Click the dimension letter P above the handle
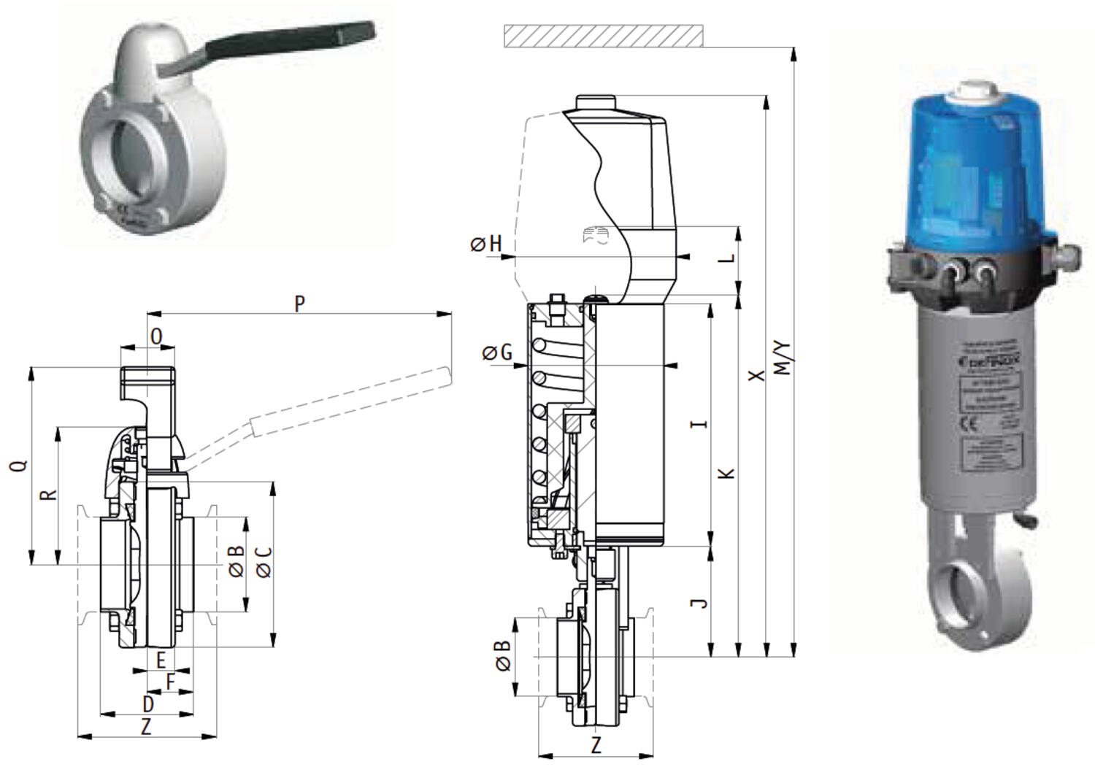[x=299, y=303]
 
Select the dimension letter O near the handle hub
[x=156, y=336]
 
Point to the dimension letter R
[x=48, y=494]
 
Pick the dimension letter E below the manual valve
[x=161, y=660]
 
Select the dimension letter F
[x=170, y=682]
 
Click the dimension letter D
[x=148, y=704]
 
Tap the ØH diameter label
[x=487, y=243]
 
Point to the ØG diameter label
[x=497, y=353]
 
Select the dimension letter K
[x=726, y=473]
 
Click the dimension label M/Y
[x=782, y=358]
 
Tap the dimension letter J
[x=699, y=602]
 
